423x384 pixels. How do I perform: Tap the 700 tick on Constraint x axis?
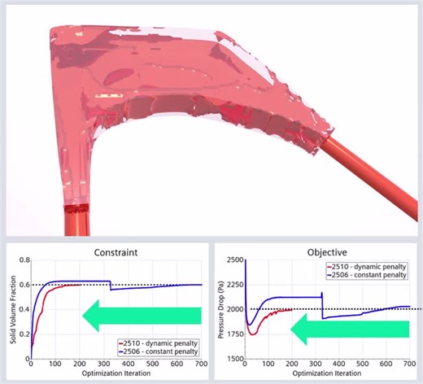pos(201,364)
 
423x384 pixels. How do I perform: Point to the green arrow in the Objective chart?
pos(351,328)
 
